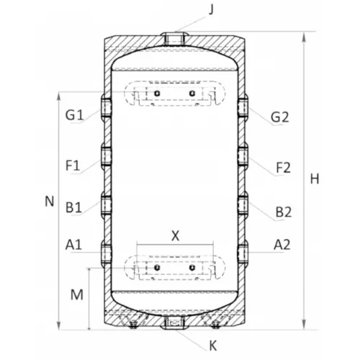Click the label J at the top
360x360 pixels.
211,10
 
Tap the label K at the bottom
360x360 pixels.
213,346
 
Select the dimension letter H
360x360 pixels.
315,179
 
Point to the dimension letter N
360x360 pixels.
49,201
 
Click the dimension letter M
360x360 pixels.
77,294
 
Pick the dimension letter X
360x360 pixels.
176,236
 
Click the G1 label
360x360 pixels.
74,114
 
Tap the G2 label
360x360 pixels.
279,117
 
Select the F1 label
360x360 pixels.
73,166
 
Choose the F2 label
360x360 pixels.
284,168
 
